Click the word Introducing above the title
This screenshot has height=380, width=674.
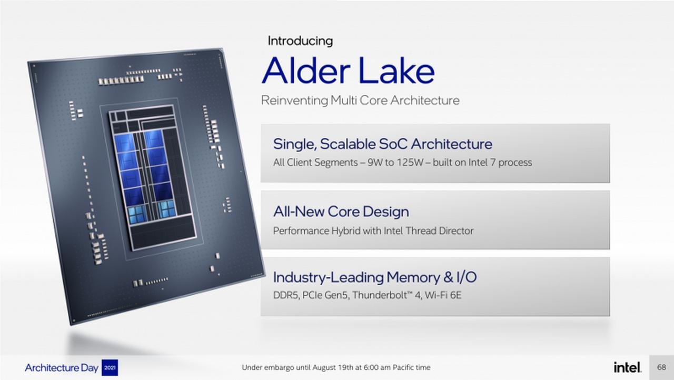coord(300,41)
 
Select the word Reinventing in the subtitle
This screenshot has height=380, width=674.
coord(294,101)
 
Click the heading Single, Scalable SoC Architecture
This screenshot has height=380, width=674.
coord(382,144)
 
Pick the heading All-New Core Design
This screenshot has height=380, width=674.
coord(341,212)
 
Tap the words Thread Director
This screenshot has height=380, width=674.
coord(439,231)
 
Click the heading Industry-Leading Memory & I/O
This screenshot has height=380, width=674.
coord(374,277)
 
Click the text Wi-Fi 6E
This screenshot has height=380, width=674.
coord(443,295)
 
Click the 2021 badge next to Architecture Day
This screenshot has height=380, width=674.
coord(110,367)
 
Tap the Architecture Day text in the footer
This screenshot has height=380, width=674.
coord(62,368)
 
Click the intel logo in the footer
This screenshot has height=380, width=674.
coord(627,367)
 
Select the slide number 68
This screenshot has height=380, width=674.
coord(661,367)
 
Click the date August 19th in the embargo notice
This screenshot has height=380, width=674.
coord(333,367)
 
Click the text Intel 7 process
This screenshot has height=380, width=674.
coord(500,162)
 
